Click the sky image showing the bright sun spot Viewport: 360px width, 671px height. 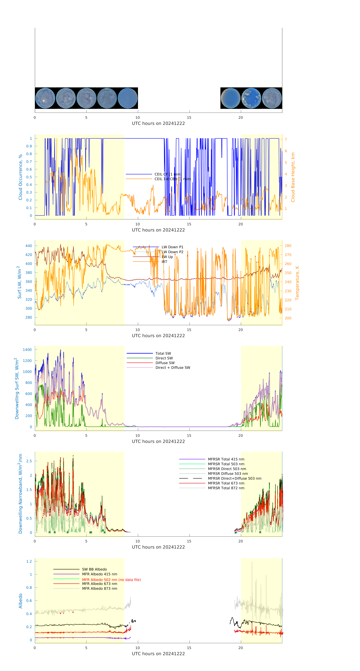pos(45,98)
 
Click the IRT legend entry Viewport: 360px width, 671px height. pos(164,262)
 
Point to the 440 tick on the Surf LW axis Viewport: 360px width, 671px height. pos(29,246)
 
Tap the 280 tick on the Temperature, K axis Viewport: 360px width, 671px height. pos(288,246)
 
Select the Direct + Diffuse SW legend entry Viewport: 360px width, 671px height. pos(173,368)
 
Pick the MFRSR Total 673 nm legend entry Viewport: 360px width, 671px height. pos(226,483)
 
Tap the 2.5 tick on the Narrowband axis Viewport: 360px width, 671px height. pos(29,461)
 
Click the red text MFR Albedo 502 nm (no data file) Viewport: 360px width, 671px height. pos(111,580)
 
